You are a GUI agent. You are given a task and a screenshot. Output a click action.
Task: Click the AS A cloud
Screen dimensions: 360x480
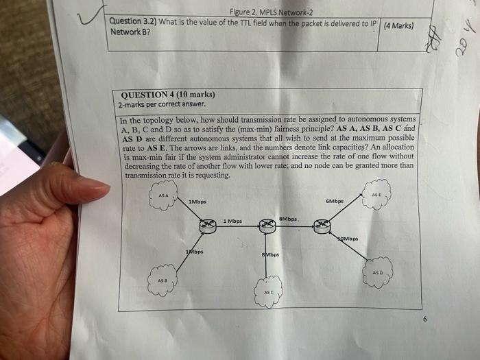[x=163, y=199]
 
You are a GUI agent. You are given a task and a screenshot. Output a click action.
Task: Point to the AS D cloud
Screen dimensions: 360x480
[x=378, y=269]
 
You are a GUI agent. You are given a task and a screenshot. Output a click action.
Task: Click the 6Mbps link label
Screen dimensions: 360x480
[x=335, y=201]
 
